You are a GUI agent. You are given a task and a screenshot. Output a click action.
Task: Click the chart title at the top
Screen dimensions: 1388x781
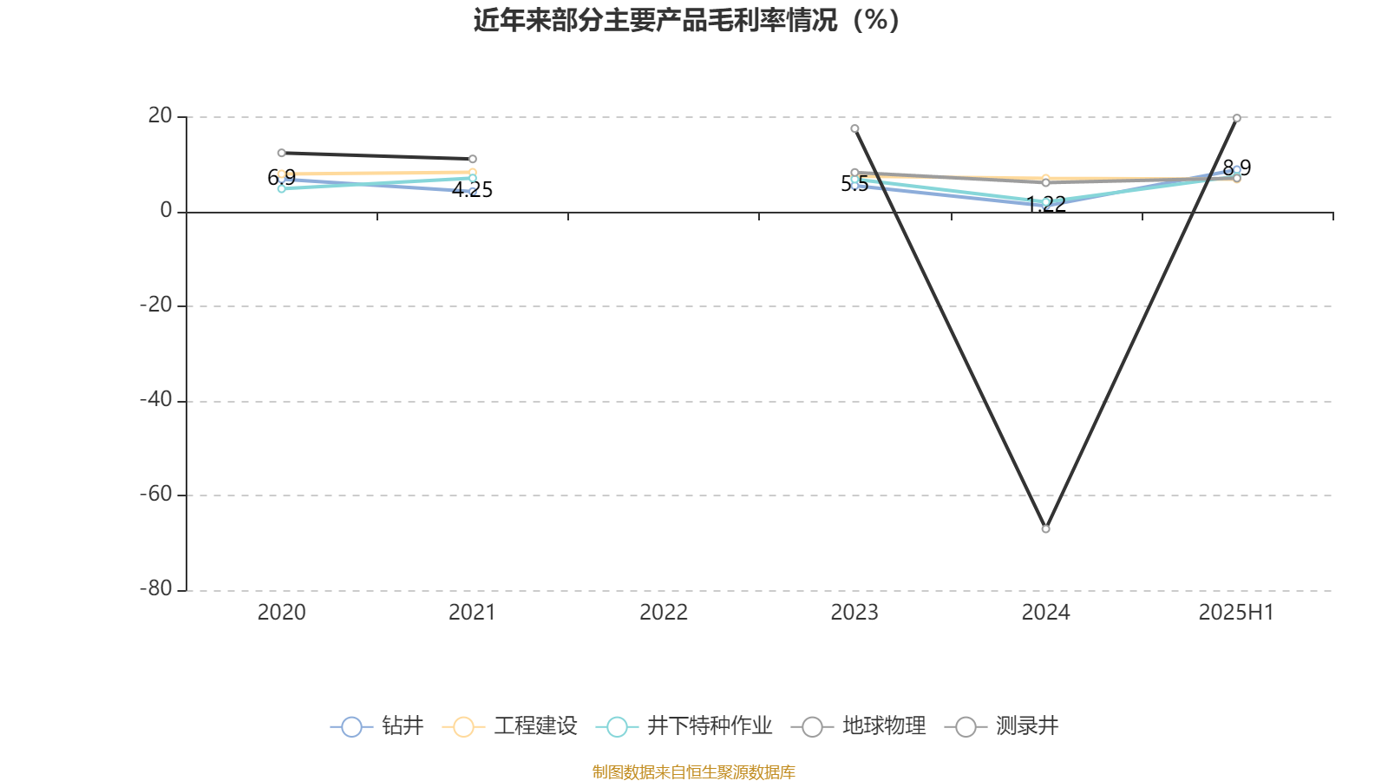pyautogui.click(x=686, y=21)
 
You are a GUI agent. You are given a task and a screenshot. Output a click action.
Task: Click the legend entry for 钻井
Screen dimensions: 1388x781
pyautogui.click(x=377, y=725)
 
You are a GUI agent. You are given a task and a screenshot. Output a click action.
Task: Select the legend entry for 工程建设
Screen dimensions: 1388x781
pyautogui.click(x=510, y=725)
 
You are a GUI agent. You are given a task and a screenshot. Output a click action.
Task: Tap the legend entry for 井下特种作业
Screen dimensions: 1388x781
pyautogui.click(x=684, y=725)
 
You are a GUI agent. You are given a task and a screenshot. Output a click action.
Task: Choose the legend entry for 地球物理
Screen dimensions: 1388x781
pyautogui.click(x=859, y=725)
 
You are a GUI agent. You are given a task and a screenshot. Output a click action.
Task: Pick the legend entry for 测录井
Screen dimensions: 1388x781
pyautogui.click(x=1002, y=725)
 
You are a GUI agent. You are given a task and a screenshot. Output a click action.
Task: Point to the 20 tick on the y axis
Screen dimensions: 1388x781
pyautogui.click(x=160, y=116)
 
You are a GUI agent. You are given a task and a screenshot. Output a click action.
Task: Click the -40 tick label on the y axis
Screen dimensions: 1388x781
pyautogui.click(x=156, y=400)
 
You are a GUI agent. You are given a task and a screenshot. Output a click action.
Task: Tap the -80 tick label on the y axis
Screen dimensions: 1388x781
pyautogui.click(x=156, y=589)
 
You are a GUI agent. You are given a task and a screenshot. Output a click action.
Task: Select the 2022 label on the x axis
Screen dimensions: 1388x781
pyautogui.click(x=664, y=613)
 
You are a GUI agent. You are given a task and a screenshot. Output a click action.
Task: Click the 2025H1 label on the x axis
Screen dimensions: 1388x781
pyautogui.click(x=1236, y=613)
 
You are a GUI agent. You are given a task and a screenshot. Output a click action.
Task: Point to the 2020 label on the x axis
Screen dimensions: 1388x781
pyautogui.click(x=281, y=613)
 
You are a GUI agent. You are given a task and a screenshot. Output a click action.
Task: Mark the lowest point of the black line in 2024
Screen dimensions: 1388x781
pyautogui.click(x=1046, y=528)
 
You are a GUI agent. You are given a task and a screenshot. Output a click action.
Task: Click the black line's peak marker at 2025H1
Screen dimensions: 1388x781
pyautogui.click(x=1237, y=118)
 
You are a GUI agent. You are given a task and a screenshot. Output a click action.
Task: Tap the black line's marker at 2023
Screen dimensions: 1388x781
pyautogui.click(x=854, y=129)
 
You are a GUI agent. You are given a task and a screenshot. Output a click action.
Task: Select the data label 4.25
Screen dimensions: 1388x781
pyautogui.click(x=472, y=190)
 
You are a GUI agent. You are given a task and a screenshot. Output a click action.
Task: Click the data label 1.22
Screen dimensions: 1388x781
pyautogui.click(x=1046, y=204)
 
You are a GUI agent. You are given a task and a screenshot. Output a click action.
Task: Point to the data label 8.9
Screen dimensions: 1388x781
pyautogui.click(x=1237, y=168)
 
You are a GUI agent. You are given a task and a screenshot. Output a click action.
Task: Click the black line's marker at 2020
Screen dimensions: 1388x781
pyautogui.click(x=281, y=153)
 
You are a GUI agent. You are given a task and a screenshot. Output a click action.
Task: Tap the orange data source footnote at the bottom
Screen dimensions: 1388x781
pyautogui.click(x=693, y=772)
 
